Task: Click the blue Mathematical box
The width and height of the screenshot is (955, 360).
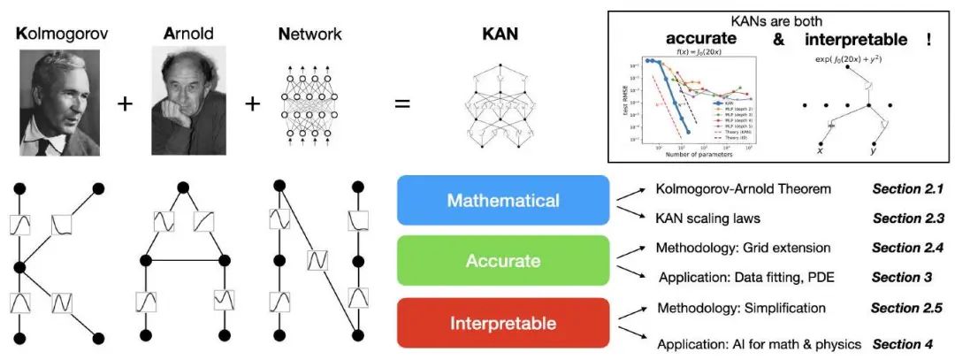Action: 503,201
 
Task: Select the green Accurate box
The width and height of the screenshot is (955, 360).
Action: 503,262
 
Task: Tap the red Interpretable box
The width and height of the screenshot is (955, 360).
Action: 503,322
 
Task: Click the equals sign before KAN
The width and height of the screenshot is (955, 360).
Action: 402,103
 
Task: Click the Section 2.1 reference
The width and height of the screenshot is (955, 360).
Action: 908,189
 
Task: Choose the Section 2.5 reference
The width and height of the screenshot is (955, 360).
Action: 906,308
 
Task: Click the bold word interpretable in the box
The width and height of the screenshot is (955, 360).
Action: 859,41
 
